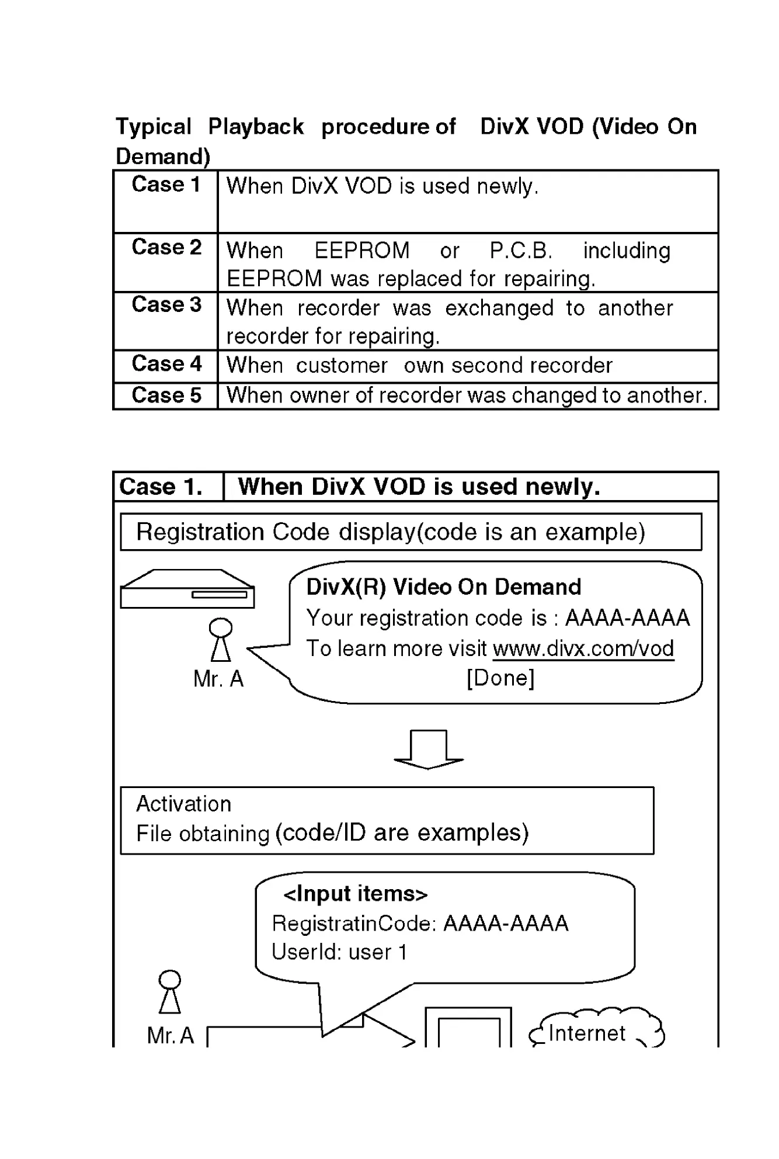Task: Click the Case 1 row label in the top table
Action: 166,185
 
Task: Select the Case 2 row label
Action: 166,247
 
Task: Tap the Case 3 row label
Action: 166,304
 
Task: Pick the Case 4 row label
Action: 166,363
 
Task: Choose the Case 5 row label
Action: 166,395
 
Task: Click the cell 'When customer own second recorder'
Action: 419,366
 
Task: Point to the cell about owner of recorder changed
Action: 467,395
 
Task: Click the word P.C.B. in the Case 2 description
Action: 520,251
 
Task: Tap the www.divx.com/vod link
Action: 583,648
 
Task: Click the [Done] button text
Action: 500,678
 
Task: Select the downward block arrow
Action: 429,749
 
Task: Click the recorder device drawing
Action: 187,589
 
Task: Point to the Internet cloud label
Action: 586,1033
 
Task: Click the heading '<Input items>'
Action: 355,894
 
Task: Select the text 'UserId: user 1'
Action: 339,952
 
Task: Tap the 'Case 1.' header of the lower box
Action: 161,487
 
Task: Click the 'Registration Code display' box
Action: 411,532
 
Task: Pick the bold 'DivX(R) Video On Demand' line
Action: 444,587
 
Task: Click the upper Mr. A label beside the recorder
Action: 218,679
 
